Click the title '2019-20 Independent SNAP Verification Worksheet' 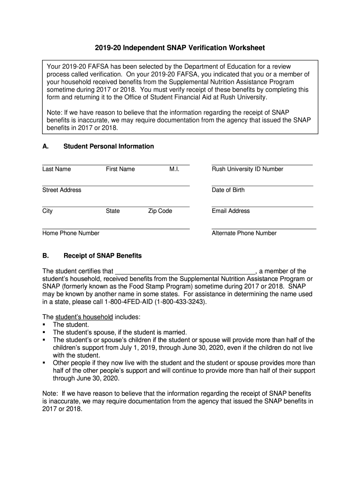click(180, 48)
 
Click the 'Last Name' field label click(57, 169)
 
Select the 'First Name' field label click(120, 169)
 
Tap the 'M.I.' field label click(174, 169)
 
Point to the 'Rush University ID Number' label click(247, 169)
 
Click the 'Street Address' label click(62, 190)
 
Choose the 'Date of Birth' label click(228, 190)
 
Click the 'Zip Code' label click(160, 211)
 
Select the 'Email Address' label click(230, 211)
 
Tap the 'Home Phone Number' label click(71, 233)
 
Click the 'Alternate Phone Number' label click(244, 233)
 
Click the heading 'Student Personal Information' click(108, 146)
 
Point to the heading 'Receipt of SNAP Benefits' click(102, 256)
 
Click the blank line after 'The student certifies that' click(185, 272)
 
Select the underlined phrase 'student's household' click(84, 317)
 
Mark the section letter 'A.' click(46, 146)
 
